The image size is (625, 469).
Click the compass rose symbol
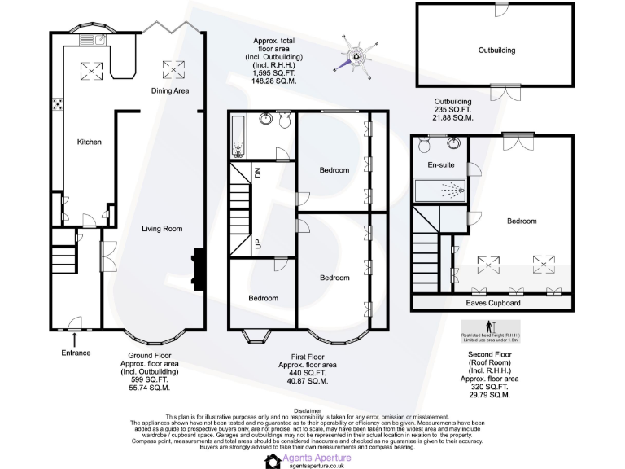[357, 55]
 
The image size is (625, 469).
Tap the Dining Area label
[171, 91]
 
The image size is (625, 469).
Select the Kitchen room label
[90, 142]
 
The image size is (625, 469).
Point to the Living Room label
[162, 229]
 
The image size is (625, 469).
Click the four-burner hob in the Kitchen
[59, 104]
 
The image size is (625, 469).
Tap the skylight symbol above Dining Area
[172, 67]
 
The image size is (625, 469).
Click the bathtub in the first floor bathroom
[238, 137]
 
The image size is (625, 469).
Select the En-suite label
[441, 166]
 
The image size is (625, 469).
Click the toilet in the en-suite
[424, 146]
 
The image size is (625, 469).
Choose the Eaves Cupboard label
[493, 303]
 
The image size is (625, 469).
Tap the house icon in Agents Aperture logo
[271, 460]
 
